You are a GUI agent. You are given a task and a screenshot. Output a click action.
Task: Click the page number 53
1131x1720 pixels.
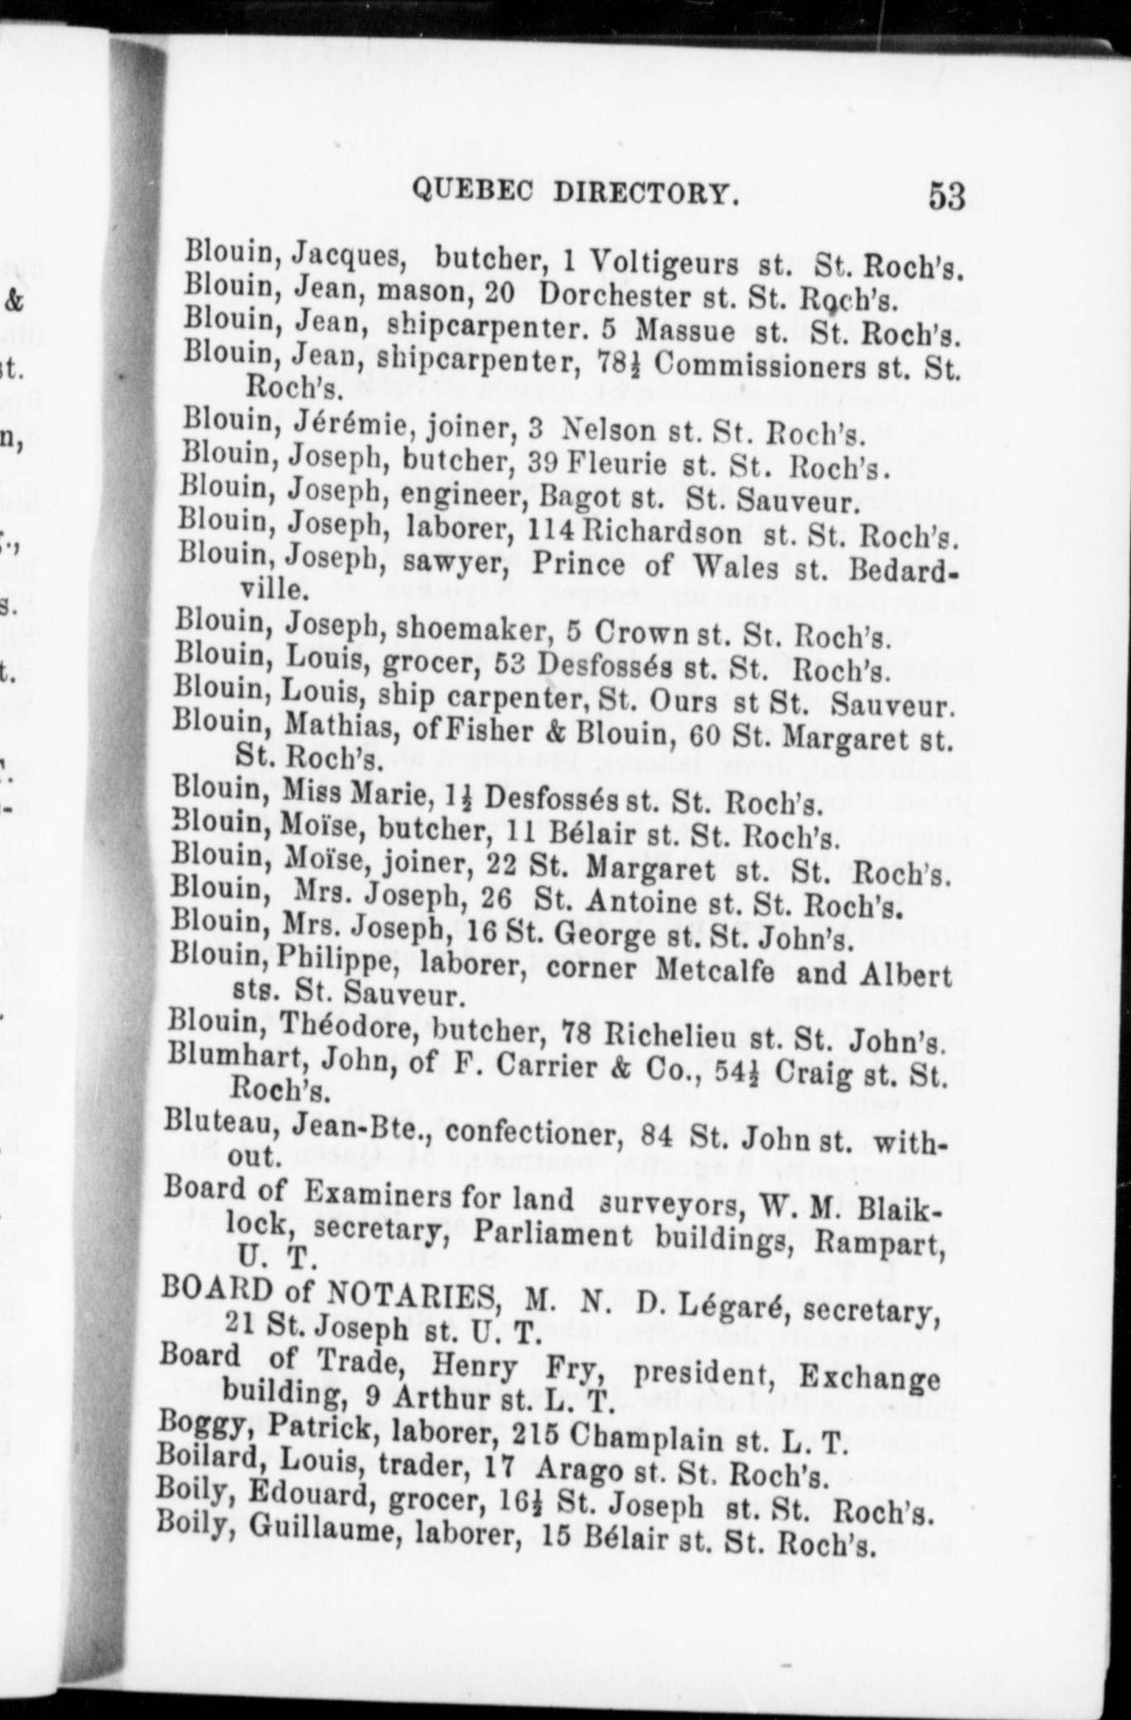click(x=947, y=197)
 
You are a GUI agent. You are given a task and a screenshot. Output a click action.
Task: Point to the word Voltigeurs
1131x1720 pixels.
click(x=664, y=262)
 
